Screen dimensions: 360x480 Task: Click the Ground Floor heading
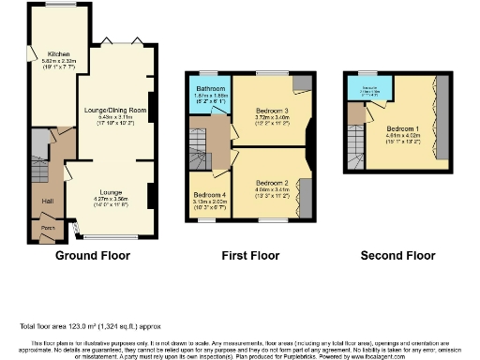pos(93,254)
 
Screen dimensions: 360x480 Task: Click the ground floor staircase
pos(38,145)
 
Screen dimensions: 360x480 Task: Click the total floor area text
pos(84,326)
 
